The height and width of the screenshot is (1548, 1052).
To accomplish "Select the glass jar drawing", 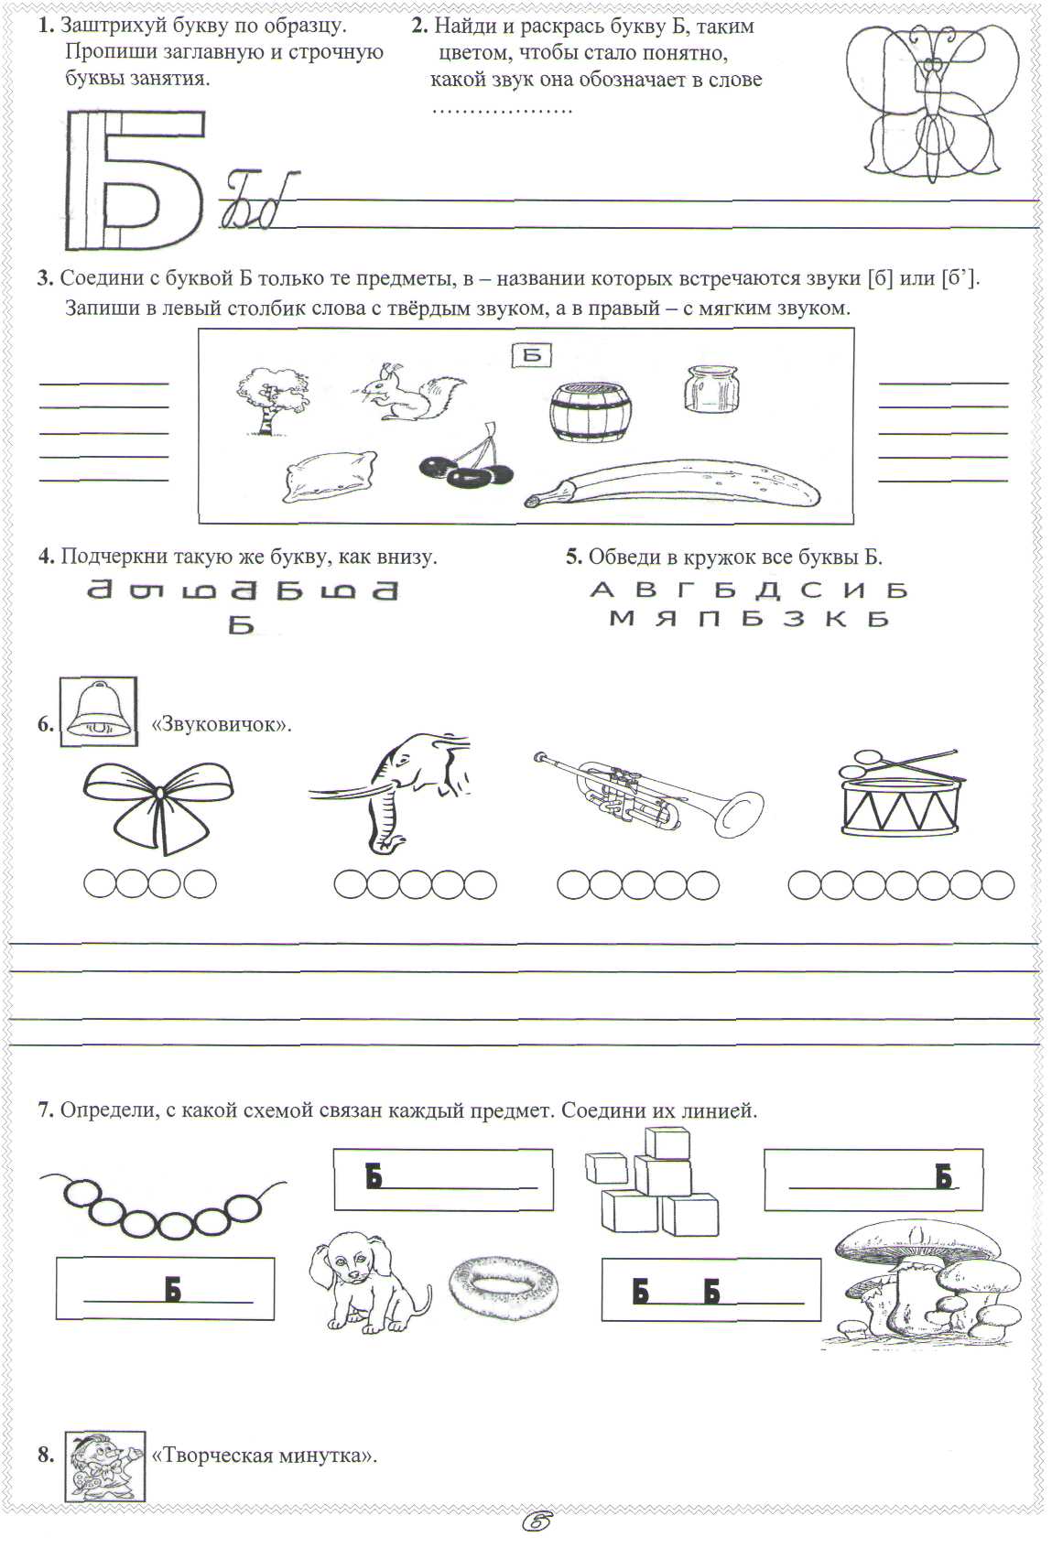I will click(710, 387).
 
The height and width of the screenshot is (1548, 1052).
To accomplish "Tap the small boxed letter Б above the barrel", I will click(531, 355).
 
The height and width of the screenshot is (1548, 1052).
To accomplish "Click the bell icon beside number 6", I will click(98, 711).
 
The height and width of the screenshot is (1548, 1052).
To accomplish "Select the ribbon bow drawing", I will click(158, 802).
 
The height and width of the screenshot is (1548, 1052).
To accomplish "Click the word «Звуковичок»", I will click(221, 724).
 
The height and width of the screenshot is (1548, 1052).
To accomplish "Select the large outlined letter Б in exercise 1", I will click(135, 180).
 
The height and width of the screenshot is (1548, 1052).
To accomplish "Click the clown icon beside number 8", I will click(105, 1466).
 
